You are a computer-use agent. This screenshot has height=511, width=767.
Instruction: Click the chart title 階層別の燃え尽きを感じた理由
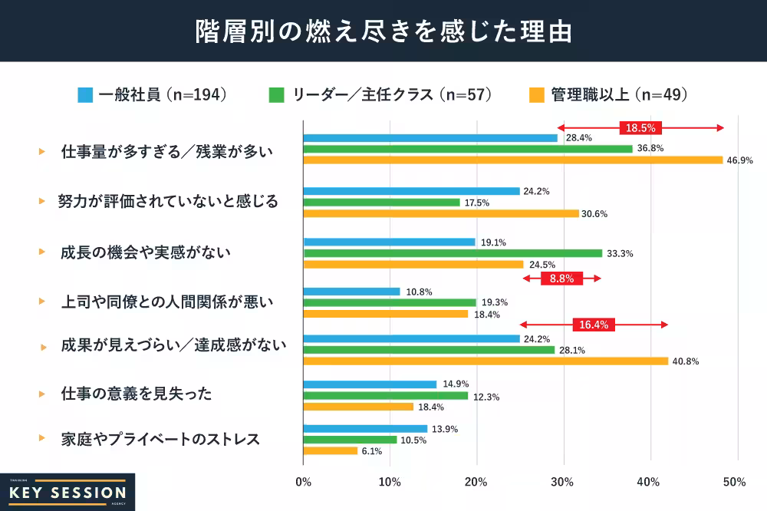383,31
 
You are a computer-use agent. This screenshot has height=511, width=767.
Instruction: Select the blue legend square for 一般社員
85,95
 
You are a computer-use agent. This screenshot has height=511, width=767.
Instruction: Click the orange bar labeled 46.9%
513,160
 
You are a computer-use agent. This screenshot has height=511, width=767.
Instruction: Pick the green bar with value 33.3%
453,253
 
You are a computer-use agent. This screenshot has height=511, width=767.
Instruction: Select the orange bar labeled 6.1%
331,451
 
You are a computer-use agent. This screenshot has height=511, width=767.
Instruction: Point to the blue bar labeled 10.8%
351,292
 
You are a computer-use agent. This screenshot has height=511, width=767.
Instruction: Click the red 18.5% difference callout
640,128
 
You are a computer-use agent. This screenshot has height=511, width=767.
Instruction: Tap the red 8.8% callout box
562,279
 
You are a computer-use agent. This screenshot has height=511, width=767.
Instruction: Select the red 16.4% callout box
594,325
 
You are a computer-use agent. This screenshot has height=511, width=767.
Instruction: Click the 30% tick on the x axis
562,482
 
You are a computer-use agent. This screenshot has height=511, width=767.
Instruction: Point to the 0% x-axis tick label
304,482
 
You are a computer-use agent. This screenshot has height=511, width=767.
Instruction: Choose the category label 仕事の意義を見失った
136,394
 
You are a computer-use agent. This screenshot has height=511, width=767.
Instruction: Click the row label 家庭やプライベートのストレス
160,440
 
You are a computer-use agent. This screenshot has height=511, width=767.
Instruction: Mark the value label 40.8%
686,361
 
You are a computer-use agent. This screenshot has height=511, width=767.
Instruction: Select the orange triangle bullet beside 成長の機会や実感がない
42,252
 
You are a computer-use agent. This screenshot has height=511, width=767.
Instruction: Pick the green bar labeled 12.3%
385,396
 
